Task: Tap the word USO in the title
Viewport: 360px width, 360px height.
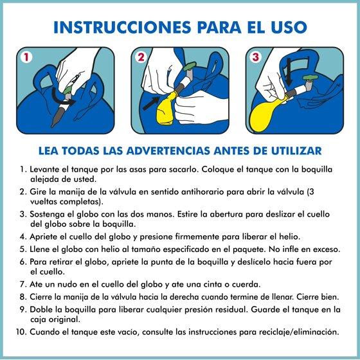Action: (x=289, y=27)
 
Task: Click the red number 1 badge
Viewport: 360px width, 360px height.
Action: (x=26, y=57)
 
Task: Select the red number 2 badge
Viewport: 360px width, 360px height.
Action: (x=141, y=57)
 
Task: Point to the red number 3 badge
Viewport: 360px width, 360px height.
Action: (x=255, y=57)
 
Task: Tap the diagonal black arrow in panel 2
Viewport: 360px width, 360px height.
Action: (x=151, y=103)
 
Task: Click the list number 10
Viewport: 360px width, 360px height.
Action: (x=21, y=332)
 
